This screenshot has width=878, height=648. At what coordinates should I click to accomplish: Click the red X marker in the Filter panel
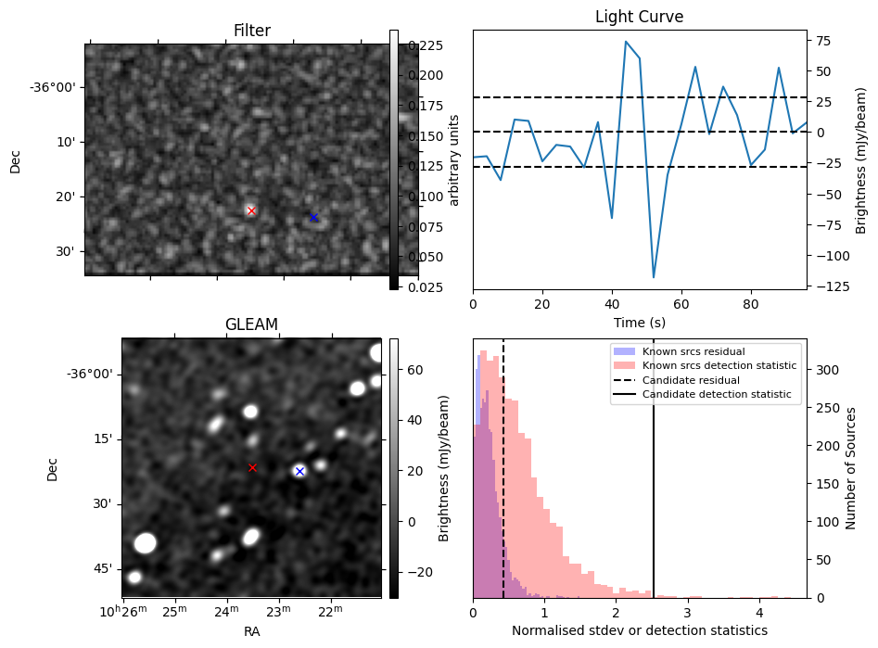tap(251, 211)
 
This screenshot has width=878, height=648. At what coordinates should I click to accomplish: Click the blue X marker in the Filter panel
tap(313, 218)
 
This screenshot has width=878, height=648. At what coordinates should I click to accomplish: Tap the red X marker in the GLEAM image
tap(252, 468)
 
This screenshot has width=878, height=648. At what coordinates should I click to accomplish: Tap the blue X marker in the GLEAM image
tap(299, 472)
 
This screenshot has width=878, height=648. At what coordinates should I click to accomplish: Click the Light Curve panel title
tap(639, 18)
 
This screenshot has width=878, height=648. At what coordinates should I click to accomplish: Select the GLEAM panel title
tap(251, 324)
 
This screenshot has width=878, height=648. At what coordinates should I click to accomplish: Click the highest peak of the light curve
tap(626, 42)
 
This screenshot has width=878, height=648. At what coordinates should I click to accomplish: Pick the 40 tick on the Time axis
tap(612, 304)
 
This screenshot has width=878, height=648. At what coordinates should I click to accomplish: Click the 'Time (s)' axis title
tap(639, 323)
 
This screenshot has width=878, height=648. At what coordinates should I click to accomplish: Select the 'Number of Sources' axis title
tap(852, 467)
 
